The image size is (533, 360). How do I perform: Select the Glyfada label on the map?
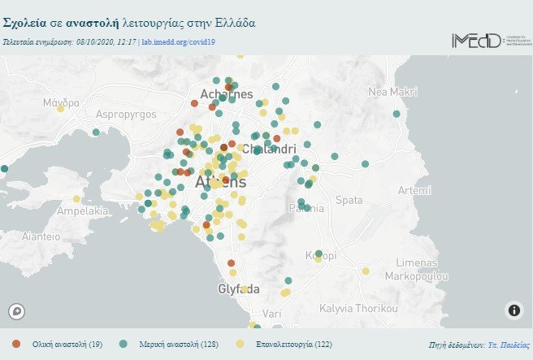(x=239, y=289)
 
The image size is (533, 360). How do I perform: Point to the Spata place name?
(x=349, y=199)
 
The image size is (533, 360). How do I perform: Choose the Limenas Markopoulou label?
(x=416, y=270)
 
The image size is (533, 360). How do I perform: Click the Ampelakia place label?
(x=82, y=211)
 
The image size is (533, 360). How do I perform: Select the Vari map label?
(x=271, y=313)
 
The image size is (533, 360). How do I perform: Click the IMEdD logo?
(x=486, y=40)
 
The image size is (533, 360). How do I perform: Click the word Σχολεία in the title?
(x=28, y=23)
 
